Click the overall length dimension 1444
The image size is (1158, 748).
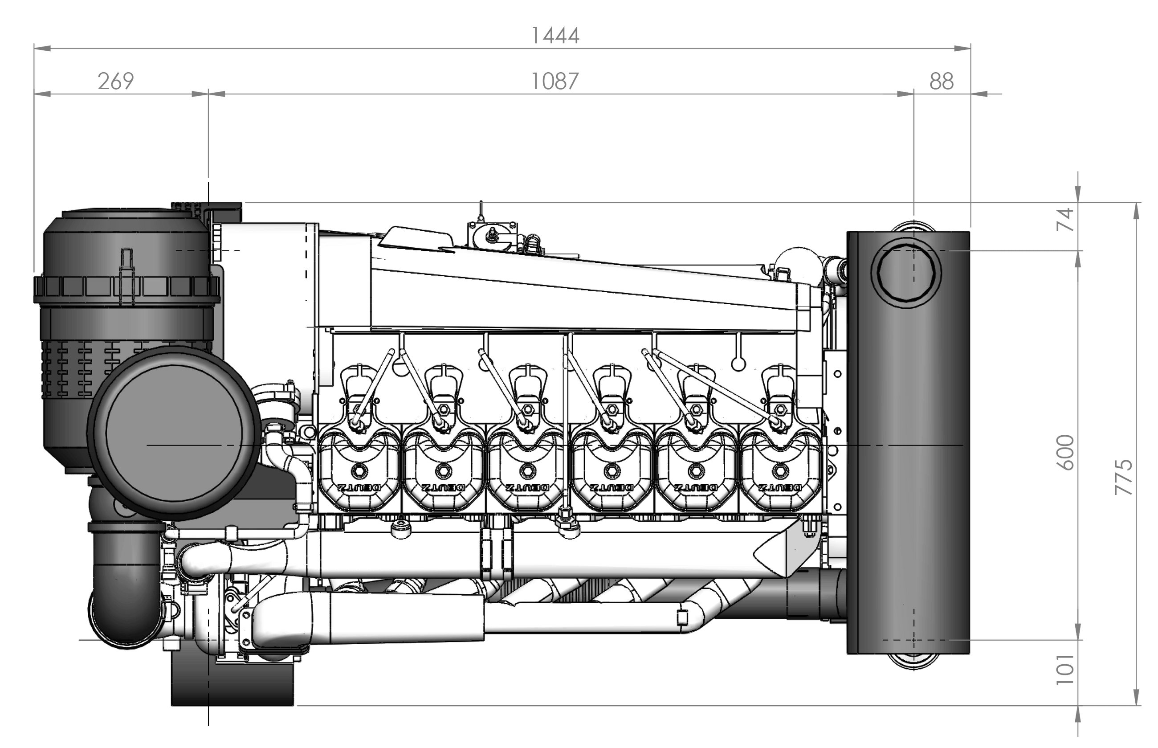(555, 36)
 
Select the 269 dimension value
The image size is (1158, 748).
(115, 81)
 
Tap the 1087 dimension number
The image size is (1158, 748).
(555, 81)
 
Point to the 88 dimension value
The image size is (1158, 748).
(941, 81)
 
